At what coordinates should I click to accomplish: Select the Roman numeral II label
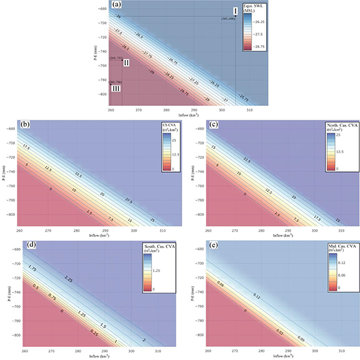(126, 63)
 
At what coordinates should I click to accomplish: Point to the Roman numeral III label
(115, 88)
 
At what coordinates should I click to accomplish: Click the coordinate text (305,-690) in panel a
(227, 20)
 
